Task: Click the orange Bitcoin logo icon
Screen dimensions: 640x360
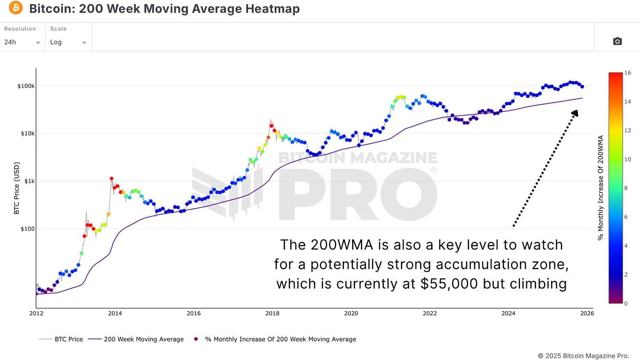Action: click(x=15, y=7)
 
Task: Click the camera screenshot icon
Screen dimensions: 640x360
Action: click(x=617, y=41)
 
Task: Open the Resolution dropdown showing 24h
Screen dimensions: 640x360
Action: click(x=22, y=42)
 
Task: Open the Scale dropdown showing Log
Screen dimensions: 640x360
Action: click(x=68, y=42)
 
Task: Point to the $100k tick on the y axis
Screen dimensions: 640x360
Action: click(x=26, y=86)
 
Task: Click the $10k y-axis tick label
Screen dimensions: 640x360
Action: click(x=27, y=133)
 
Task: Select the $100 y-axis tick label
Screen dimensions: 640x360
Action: click(x=28, y=229)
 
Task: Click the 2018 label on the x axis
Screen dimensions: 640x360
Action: click(x=272, y=313)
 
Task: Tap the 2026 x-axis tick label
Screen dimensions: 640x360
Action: click(x=587, y=313)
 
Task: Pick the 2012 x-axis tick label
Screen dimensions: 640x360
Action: click(x=36, y=313)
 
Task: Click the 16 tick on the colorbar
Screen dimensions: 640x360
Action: click(x=628, y=73)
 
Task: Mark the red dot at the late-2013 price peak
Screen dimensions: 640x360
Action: click(x=112, y=178)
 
